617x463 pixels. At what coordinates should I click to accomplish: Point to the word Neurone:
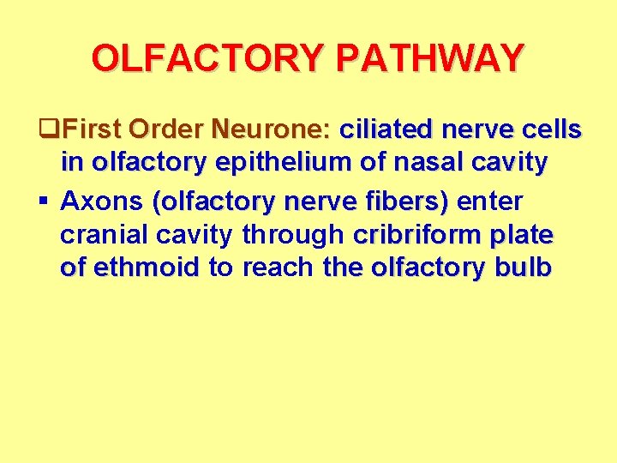point(271,130)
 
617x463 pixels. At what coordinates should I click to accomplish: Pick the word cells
point(552,130)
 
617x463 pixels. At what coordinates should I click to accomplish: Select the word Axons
point(102,201)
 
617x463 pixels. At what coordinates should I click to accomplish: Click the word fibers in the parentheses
point(402,201)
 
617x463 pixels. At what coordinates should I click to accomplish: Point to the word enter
point(490,201)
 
